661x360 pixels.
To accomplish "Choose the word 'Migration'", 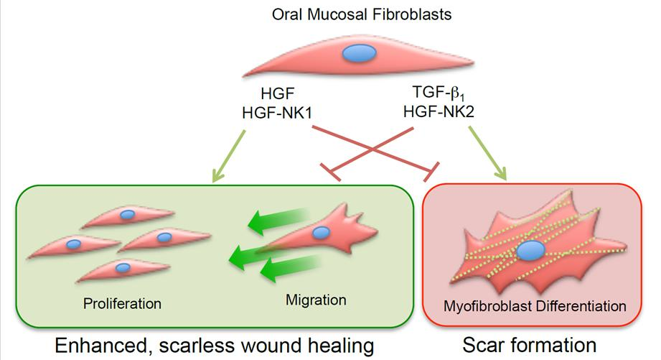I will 316,299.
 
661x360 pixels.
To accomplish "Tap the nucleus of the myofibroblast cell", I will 530,251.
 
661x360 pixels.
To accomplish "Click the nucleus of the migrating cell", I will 322,231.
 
